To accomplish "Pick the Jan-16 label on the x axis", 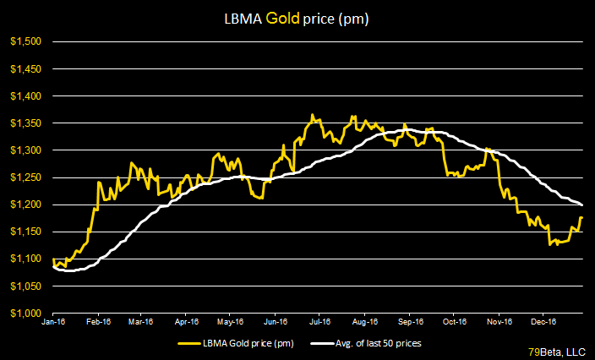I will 53,322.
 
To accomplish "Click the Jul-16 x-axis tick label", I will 319,322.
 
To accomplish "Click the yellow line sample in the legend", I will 192,344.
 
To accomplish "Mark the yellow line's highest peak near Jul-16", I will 312,115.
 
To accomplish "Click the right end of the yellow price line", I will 582,218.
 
